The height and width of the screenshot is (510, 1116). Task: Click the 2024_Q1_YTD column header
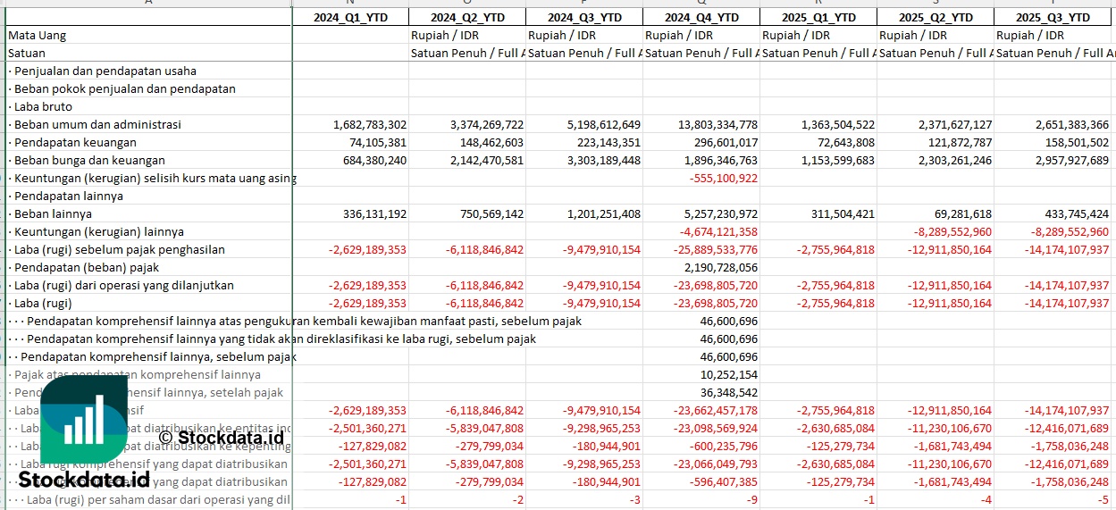(350, 17)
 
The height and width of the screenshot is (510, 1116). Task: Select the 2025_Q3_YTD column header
(1055, 17)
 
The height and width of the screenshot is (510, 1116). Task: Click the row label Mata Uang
(38, 35)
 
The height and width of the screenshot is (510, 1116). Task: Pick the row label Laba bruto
(42, 106)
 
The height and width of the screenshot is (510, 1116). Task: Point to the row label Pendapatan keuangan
(75, 142)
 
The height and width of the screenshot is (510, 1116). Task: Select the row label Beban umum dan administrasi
(97, 124)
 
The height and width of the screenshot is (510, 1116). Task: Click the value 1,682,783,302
(369, 124)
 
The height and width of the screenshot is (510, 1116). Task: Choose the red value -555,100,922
(724, 178)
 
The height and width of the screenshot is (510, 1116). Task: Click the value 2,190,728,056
(721, 267)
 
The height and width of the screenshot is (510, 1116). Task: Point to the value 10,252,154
(729, 374)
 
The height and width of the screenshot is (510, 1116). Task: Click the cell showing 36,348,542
(729, 392)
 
